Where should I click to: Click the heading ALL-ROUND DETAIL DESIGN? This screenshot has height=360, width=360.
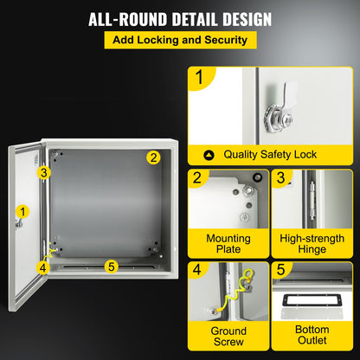tap(179, 18)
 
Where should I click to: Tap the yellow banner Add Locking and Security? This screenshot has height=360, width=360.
tap(179, 40)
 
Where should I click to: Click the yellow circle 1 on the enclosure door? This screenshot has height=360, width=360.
tap(21, 210)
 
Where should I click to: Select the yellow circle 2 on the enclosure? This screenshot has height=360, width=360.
tap(153, 157)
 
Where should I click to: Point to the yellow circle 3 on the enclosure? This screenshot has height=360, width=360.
tap(42, 172)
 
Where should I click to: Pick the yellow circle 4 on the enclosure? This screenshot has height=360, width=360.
tap(42, 267)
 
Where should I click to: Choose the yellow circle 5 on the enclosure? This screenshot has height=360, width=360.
tap(110, 266)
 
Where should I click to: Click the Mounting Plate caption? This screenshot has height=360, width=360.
tap(228, 244)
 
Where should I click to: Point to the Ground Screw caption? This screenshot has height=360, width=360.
tap(228, 337)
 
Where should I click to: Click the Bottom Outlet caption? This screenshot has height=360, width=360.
tap(312, 337)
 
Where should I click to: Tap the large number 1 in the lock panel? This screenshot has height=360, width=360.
tap(200, 80)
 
